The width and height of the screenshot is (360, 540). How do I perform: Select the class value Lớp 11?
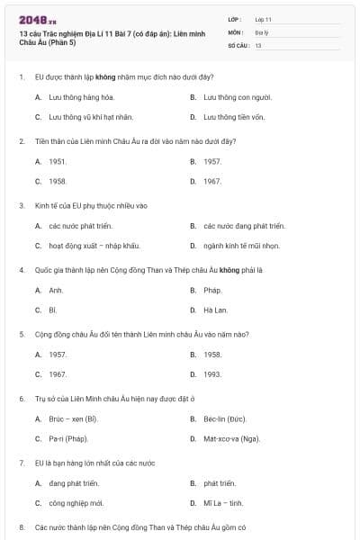pyautogui.click(x=263, y=18)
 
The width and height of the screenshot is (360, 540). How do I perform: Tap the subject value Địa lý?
pyautogui.click(x=261, y=31)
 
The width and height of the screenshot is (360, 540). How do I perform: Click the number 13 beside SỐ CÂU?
pyautogui.click(x=258, y=44)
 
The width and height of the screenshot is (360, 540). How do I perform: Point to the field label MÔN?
pyautogui.click(x=235, y=31)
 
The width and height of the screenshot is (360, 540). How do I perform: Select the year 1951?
pyautogui.click(x=58, y=161)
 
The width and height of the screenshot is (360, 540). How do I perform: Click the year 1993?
pyautogui.click(x=212, y=373)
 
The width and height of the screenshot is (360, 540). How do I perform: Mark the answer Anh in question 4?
pyautogui.click(x=56, y=290)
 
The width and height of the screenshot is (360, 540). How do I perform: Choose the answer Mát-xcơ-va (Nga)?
pyautogui.click(x=231, y=438)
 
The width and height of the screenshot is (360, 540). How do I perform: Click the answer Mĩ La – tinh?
pyautogui.click(x=223, y=503)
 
